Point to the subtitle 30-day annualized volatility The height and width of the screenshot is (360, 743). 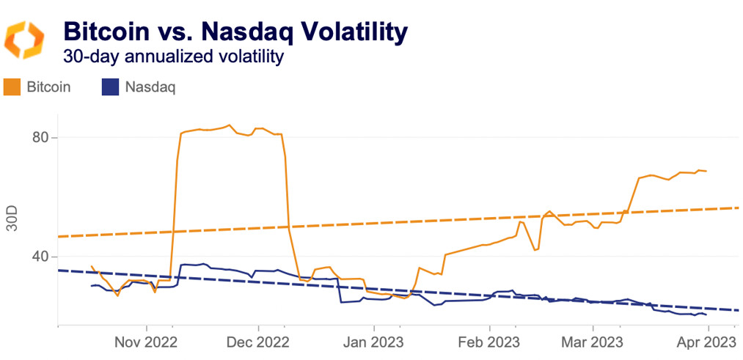(173, 56)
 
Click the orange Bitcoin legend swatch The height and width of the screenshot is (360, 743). (12, 87)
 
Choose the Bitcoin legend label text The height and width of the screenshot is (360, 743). (48, 87)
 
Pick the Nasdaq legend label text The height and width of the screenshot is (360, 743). (150, 87)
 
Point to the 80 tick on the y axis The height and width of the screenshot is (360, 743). (44, 138)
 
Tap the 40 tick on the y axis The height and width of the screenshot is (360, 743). (44, 257)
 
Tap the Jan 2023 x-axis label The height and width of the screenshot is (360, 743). (374, 342)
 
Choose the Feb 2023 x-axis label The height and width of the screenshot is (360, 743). (489, 342)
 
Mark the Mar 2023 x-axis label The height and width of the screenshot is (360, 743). (592, 342)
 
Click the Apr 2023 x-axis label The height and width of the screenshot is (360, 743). (706, 342)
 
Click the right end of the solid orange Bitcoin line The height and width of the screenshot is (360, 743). (706, 171)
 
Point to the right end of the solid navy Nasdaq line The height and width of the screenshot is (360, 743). (706, 315)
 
